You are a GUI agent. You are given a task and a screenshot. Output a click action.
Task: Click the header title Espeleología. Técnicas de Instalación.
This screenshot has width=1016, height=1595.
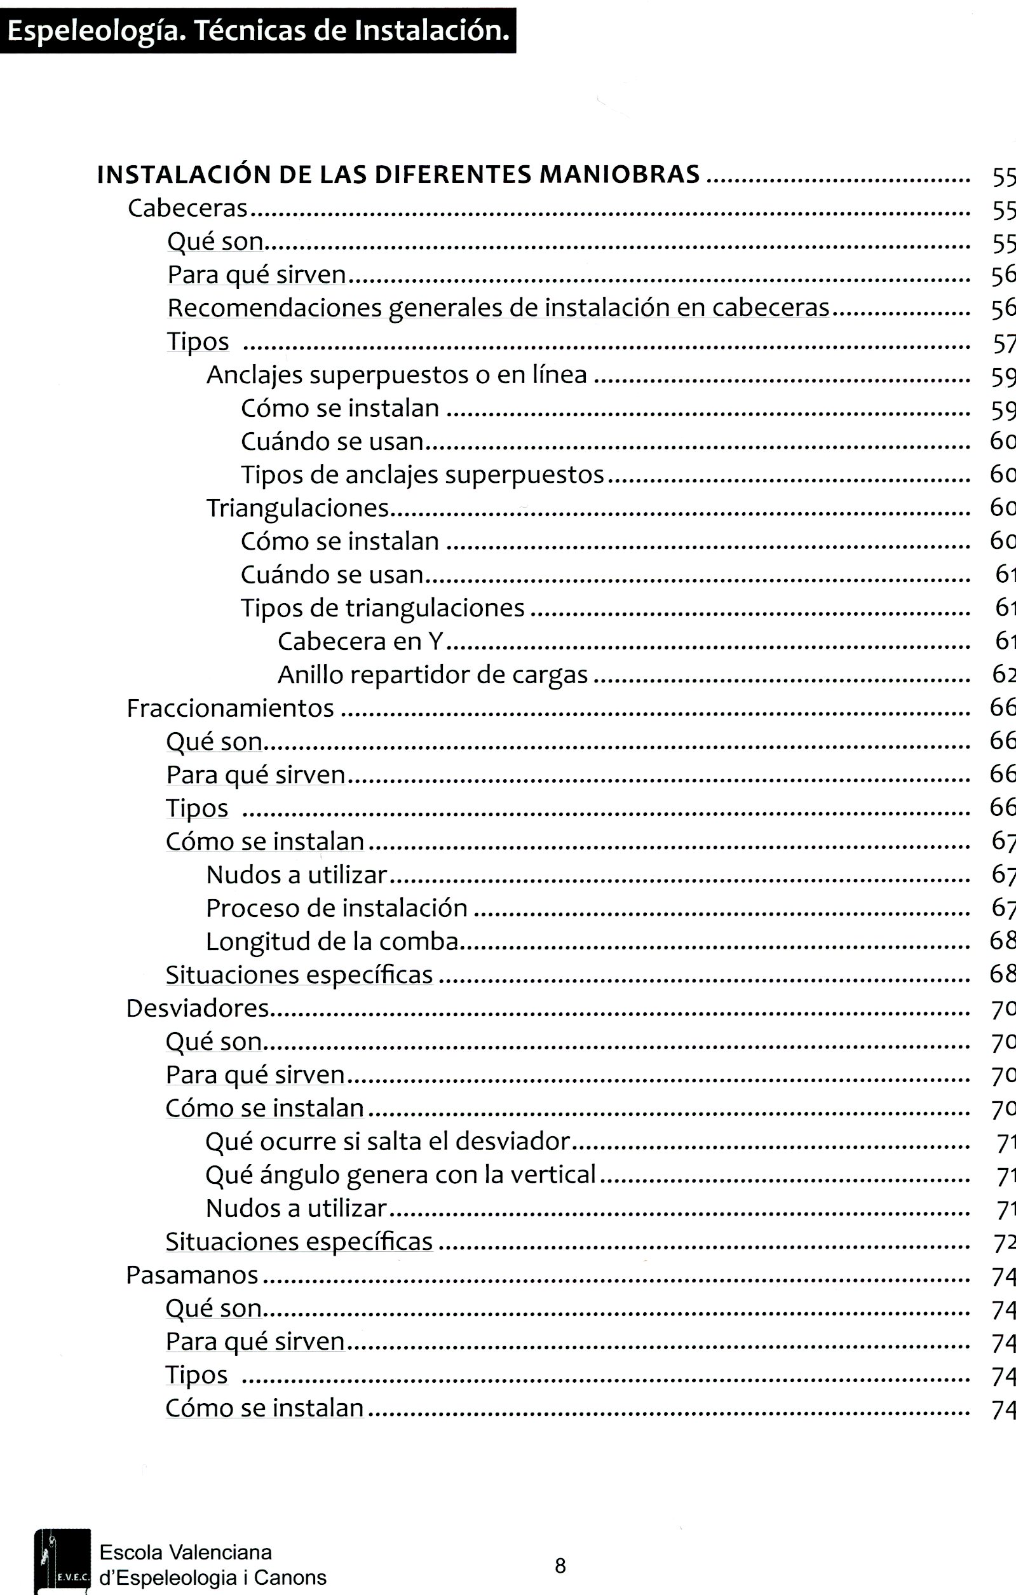257,31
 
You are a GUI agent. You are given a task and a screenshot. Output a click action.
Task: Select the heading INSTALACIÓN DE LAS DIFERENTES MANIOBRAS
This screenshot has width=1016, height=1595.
398,175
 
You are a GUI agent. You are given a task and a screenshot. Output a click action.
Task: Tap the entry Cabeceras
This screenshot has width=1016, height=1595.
187,208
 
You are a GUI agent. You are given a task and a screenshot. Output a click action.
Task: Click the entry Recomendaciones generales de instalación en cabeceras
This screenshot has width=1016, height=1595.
498,308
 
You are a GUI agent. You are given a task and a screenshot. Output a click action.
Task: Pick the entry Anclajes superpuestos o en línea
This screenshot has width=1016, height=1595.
396,375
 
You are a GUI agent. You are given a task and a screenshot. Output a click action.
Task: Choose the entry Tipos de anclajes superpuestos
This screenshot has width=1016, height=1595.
422,475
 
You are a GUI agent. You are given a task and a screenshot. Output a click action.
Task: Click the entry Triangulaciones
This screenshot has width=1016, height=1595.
297,508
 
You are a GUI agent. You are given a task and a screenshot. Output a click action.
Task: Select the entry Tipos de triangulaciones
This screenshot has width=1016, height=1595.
382,608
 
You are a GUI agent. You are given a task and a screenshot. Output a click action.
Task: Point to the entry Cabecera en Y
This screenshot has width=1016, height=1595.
360,641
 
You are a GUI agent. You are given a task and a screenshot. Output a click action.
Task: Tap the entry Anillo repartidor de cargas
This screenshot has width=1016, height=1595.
432,675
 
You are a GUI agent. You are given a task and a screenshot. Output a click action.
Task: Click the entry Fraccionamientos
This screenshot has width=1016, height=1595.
230,708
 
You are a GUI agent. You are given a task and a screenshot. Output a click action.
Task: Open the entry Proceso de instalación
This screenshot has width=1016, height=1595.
337,908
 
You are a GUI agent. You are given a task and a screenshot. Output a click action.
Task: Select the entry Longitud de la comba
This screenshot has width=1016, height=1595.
332,941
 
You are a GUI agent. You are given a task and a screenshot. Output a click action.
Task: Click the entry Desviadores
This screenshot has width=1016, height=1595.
198,1008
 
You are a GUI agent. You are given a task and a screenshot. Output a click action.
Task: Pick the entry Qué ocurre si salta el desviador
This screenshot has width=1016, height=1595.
388,1141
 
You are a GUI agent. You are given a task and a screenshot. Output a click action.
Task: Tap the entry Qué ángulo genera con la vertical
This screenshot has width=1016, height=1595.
400,1174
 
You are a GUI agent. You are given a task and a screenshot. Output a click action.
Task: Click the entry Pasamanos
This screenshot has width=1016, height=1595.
192,1275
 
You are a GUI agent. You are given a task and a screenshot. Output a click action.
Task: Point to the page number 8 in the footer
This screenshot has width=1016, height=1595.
560,1566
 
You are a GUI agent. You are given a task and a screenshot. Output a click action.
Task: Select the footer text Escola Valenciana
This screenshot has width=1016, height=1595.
186,1552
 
